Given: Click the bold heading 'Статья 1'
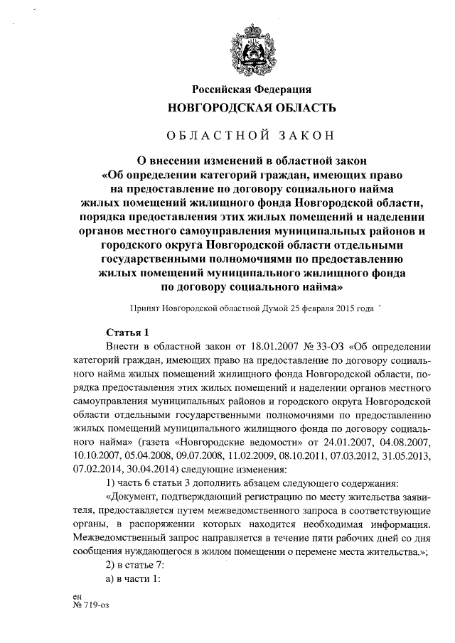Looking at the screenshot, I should coord(127,332).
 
